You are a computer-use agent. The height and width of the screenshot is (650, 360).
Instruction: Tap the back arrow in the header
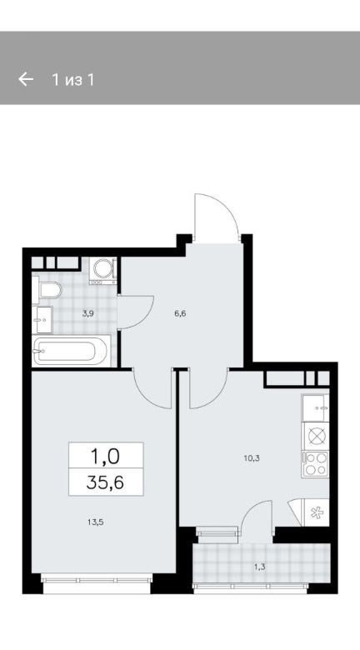[26, 79]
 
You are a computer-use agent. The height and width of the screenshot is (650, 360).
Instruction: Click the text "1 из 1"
[73, 79]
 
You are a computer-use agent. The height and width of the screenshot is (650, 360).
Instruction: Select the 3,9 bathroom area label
[87, 313]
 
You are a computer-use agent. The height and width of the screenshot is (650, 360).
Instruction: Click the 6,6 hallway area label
[180, 313]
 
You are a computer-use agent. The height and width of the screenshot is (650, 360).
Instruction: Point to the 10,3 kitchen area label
[251, 458]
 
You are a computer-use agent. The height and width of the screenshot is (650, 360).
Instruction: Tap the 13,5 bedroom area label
[95, 522]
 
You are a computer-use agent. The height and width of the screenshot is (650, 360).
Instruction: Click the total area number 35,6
[105, 482]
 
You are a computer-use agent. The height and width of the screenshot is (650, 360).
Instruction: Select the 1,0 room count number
[105, 457]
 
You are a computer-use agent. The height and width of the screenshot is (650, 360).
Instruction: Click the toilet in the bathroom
[47, 290]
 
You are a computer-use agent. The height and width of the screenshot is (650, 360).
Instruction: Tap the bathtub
[72, 351]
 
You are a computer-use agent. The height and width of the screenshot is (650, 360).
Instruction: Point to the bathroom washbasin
[42, 320]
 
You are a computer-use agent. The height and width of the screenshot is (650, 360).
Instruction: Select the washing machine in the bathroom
[102, 270]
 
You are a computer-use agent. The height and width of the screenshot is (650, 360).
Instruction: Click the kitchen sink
[316, 407]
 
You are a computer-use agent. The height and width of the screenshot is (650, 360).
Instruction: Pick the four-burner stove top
[316, 463]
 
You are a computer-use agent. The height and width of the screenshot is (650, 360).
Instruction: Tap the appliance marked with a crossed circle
[316, 436]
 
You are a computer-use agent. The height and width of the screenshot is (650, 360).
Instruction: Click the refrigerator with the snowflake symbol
[317, 512]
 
